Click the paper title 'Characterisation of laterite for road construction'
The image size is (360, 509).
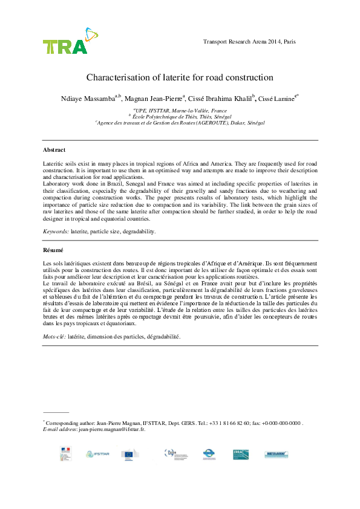pos(180,77)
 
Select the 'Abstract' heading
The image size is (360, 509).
pos(54,149)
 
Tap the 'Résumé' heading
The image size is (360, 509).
pos(53,250)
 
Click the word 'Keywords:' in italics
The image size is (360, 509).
pos(56,231)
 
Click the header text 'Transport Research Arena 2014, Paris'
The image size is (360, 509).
pos(250,42)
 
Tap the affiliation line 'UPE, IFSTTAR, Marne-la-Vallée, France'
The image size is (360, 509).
pos(181,111)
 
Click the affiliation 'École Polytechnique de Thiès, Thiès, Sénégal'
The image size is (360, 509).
pos(181,116)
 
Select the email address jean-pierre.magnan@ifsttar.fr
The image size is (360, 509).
pos(112,429)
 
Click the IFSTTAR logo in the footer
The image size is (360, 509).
pos(97,453)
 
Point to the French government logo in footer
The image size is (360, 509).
pos(65,453)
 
